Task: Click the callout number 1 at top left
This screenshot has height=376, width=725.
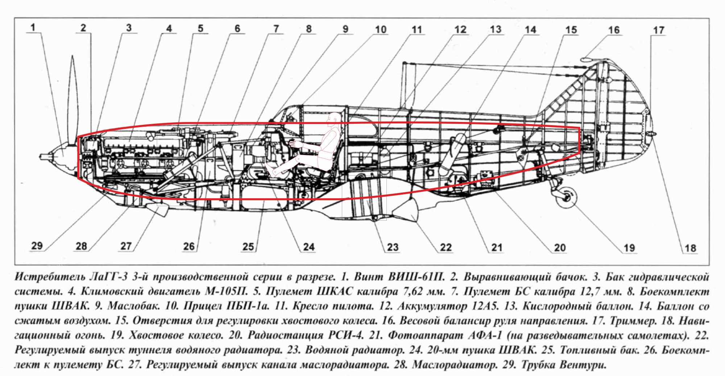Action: coord(33,27)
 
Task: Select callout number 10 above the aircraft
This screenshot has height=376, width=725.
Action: coord(381,29)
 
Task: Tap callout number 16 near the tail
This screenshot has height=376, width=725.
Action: coord(614,30)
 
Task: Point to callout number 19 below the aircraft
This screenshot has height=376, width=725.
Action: coord(629,248)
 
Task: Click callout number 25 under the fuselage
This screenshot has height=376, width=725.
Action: coord(248,247)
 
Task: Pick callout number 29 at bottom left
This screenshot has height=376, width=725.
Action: coord(37,246)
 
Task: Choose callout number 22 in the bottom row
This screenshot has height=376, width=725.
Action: coord(446,248)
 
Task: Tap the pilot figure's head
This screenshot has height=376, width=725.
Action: coord(334,119)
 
